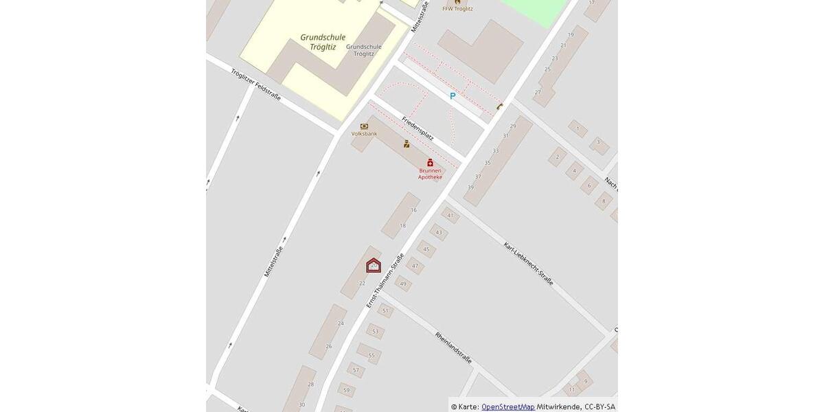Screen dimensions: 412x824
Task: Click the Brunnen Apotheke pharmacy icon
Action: (431, 163)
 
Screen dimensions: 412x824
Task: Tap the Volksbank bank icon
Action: (364, 126)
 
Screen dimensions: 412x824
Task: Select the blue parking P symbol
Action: (453, 96)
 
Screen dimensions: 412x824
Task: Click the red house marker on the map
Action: (374, 265)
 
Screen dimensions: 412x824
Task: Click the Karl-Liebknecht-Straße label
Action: (528, 264)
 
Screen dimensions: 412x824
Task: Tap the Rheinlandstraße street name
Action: (453, 347)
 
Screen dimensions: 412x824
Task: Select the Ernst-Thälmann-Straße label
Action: (385, 281)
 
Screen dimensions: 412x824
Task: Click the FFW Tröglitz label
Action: (457, 9)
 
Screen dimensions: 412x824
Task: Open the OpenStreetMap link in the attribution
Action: (507, 407)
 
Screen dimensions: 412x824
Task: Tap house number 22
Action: (362, 283)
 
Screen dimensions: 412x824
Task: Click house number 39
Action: (470, 187)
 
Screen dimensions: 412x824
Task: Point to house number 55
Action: (371, 356)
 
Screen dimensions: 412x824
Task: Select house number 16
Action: (413, 210)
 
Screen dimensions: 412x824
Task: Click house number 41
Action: (450, 216)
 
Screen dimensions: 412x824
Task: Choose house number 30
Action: (301, 404)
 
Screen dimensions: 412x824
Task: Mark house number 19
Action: (571, 34)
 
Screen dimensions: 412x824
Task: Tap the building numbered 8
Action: (604, 201)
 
